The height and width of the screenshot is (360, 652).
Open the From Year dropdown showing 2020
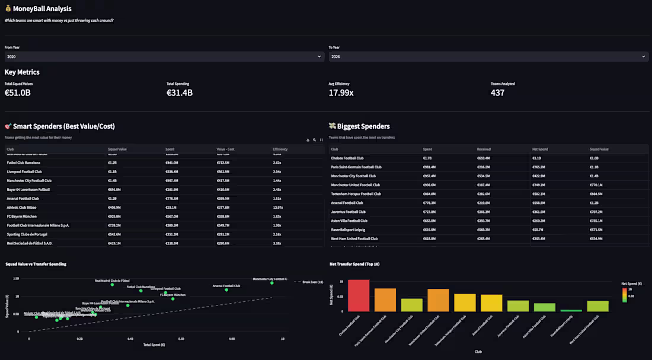tap(164, 56)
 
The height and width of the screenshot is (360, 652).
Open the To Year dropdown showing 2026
tap(488, 56)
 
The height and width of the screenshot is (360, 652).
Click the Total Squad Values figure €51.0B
tap(18, 93)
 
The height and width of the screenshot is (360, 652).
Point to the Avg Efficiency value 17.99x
tap(341, 93)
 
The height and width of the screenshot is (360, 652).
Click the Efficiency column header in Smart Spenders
tap(280, 149)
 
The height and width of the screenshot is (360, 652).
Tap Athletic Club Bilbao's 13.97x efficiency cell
tap(277, 208)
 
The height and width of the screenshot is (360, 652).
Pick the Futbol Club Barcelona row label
tap(24, 163)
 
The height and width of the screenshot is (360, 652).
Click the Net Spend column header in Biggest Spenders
tap(539, 149)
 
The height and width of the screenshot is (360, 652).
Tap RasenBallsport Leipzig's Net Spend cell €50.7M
tap(538, 230)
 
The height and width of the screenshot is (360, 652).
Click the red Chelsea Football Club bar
tap(359, 295)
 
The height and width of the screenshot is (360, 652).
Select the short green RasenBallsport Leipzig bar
tap(571, 310)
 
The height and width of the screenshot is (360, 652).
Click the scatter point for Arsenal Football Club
tap(226, 290)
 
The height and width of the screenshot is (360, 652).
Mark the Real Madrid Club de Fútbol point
tap(112, 285)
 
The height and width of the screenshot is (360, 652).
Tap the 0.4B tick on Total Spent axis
tap(130, 339)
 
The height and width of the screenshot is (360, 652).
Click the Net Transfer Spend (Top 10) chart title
tap(354, 264)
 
